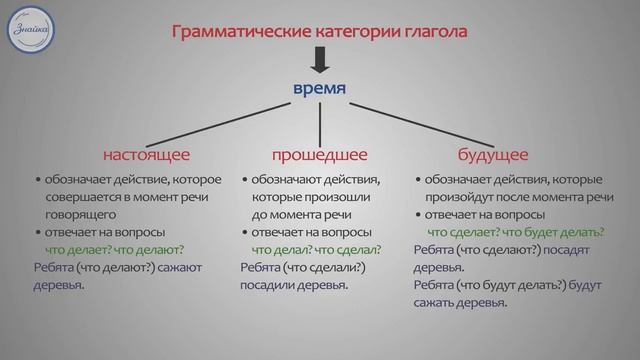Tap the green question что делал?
click(x=281, y=249)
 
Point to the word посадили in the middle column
click(x=271, y=285)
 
